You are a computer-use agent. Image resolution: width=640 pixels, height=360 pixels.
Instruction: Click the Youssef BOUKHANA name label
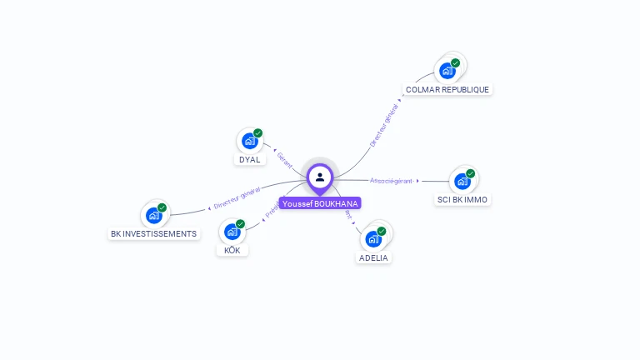pyautogui.click(x=320, y=203)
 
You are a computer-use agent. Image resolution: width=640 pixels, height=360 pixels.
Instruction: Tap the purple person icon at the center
pyautogui.click(x=320, y=177)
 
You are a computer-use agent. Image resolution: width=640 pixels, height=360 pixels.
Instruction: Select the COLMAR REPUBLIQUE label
pyautogui.click(x=447, y=89)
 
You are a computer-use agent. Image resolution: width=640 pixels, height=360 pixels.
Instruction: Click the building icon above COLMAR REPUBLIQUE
pyautogui.click(x=447, y=71)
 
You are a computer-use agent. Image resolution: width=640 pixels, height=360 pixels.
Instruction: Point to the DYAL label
pyautogui.click(x=249, y=159)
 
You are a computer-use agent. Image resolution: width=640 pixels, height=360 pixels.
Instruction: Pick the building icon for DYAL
pyautogui.click(x=249, y=141)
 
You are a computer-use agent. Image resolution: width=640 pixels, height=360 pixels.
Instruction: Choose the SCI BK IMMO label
pyautogui.click(x=462, y=199)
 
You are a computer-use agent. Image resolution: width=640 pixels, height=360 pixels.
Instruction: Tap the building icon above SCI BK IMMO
pyautogui.click(x=462, y=181)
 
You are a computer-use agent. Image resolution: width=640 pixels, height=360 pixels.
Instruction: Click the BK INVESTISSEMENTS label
pyautogui.click(x=154, y=233)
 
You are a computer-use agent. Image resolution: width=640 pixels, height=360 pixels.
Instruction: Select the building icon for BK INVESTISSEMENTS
pyautogui.click(x=154, y=215)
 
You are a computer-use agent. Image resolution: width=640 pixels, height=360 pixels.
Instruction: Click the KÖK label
pyautogui.click(x=232, y=250)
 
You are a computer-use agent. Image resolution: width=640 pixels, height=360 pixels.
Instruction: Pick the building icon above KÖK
pyautogui.click(x=232, y=232)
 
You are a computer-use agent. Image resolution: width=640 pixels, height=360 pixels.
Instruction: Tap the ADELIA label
pyautogui.click(x=373, y=257)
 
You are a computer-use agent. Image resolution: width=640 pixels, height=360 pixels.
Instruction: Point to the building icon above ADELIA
pyautogui.click(x=373, y=239)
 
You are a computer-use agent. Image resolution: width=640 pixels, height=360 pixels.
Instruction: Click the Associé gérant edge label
pyautogui.click(x=391, y=181)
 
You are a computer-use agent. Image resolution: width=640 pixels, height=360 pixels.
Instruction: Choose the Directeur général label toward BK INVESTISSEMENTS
pyautogui.click(x=237, y=198)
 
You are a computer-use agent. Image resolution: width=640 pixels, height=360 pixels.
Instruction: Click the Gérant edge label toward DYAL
pyautogui.click(x=284, y=158)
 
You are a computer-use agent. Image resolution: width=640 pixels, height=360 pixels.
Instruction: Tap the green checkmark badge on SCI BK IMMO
pyautogui.click(x=470, y=173)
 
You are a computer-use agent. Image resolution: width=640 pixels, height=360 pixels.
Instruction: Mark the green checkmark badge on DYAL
pyautogui.click(x=258, y=133)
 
